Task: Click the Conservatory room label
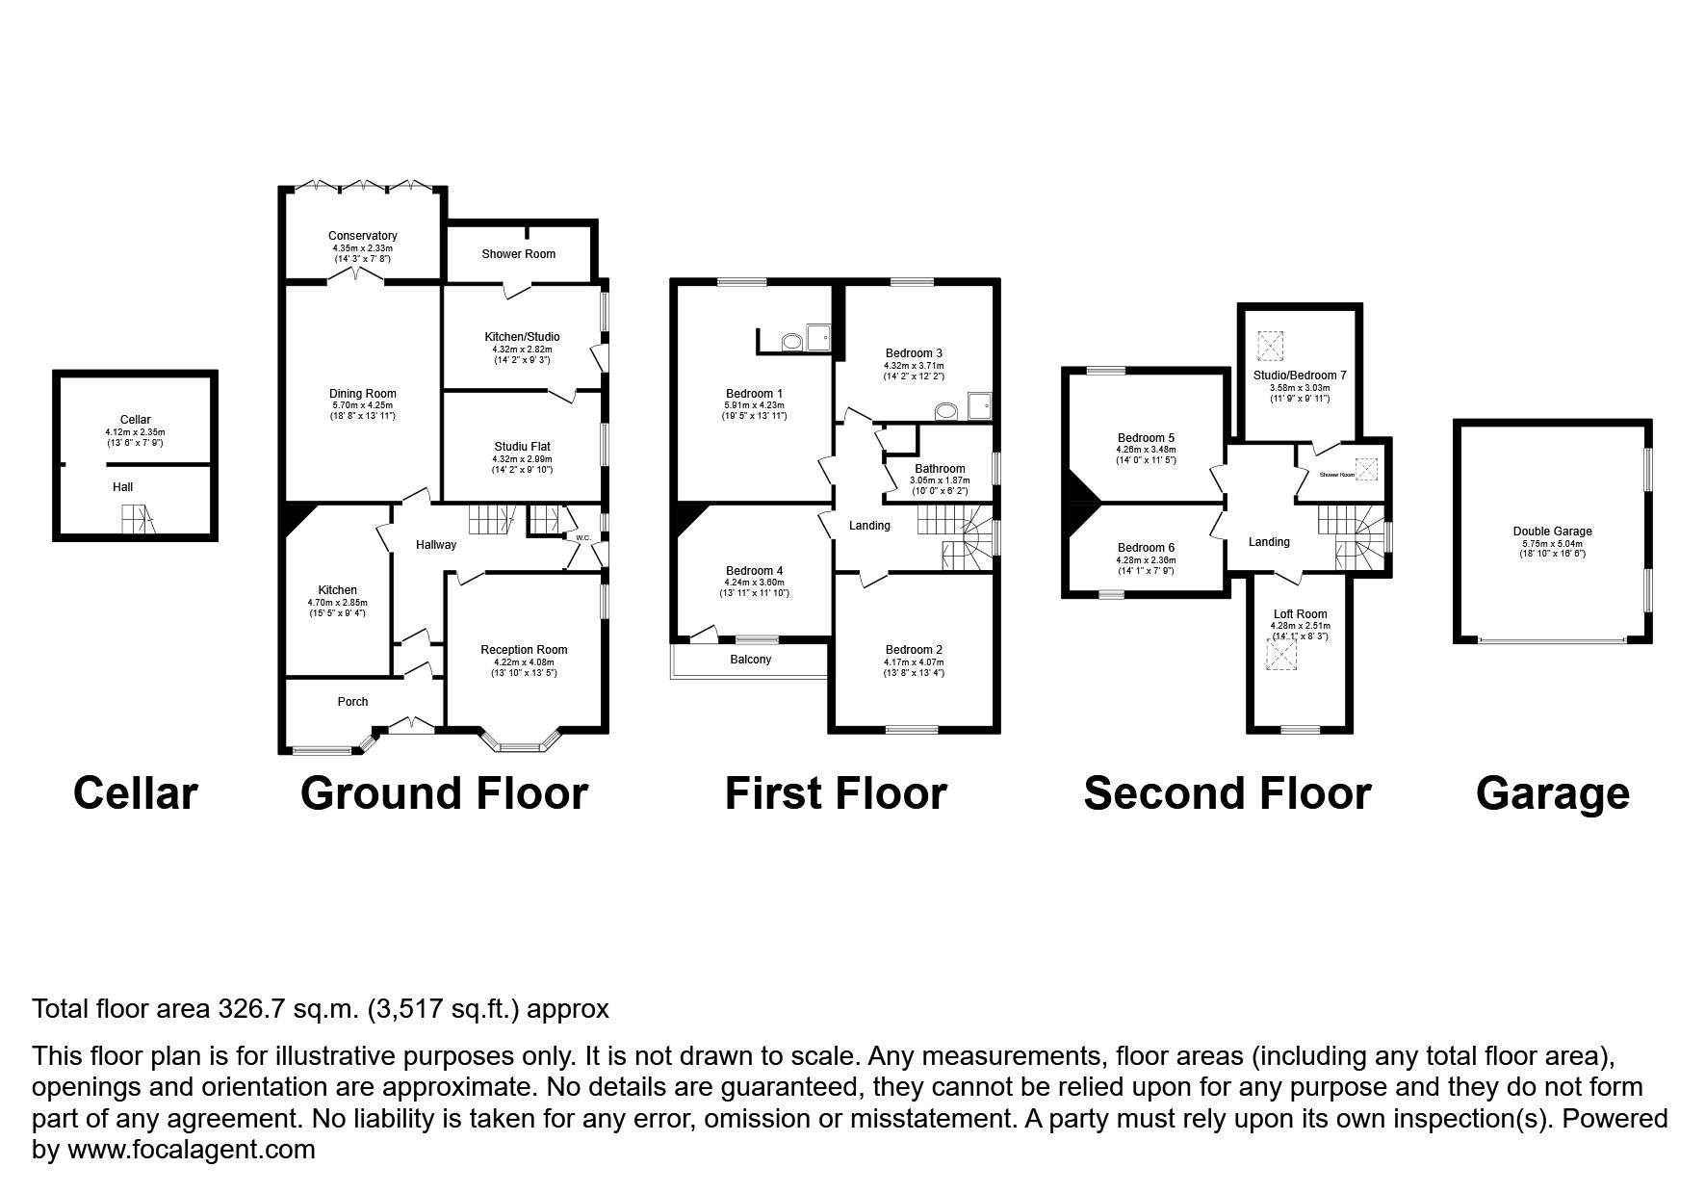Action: (362, 236)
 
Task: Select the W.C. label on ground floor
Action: (582, 537)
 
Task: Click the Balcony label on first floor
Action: (750, 660)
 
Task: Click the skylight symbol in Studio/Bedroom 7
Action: (1270, 344)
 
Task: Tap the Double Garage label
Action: (1552, 532)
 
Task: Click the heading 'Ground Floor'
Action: (444, 793)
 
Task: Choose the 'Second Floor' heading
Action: (1227, 793)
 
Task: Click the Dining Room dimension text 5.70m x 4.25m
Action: (362, 405)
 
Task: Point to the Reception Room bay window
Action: (521, 744)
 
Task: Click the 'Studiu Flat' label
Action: (522, 447)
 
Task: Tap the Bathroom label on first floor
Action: (940, 469)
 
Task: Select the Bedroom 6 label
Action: (1146, 548)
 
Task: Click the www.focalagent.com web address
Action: (189, 1150)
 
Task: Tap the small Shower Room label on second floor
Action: (1336, 475)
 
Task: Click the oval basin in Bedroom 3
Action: (945, 411)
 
